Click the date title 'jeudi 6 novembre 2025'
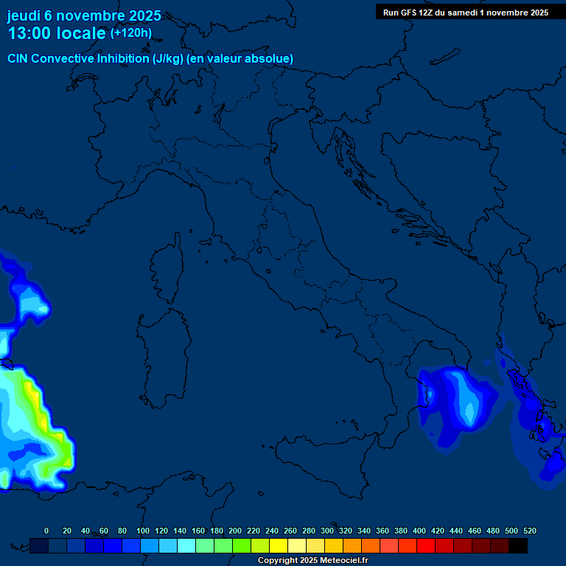tap(84, 15)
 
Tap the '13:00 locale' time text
tap(57, 33)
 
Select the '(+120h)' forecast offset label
tap(130, 32)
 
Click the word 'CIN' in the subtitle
tap(18, 58)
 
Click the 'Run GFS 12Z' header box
tap(465, 13)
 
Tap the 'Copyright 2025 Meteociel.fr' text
tap(312, 561)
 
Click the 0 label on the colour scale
tap(46, 531)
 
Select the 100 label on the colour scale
tap(143, 531)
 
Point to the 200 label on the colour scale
tap(235, 531)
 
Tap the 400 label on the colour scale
tap(419, 531)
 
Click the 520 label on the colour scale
tap(529, 531)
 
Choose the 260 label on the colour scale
tap(290, 531)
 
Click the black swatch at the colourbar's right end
tap(518, 545)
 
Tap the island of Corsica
tap(169, 265)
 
